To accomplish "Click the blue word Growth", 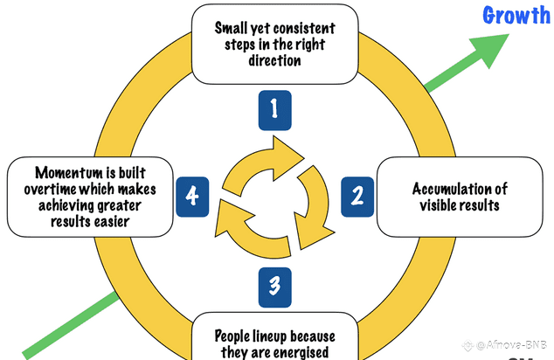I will (x=516, y=15).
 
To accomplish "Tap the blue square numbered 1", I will (x=274, y=110).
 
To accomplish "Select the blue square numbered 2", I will (x=357, y=194).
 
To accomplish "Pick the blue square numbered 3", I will (x=274, y=285).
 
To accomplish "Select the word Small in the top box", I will (x=232, y=27).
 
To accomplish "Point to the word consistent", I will (x=304, y=27).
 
